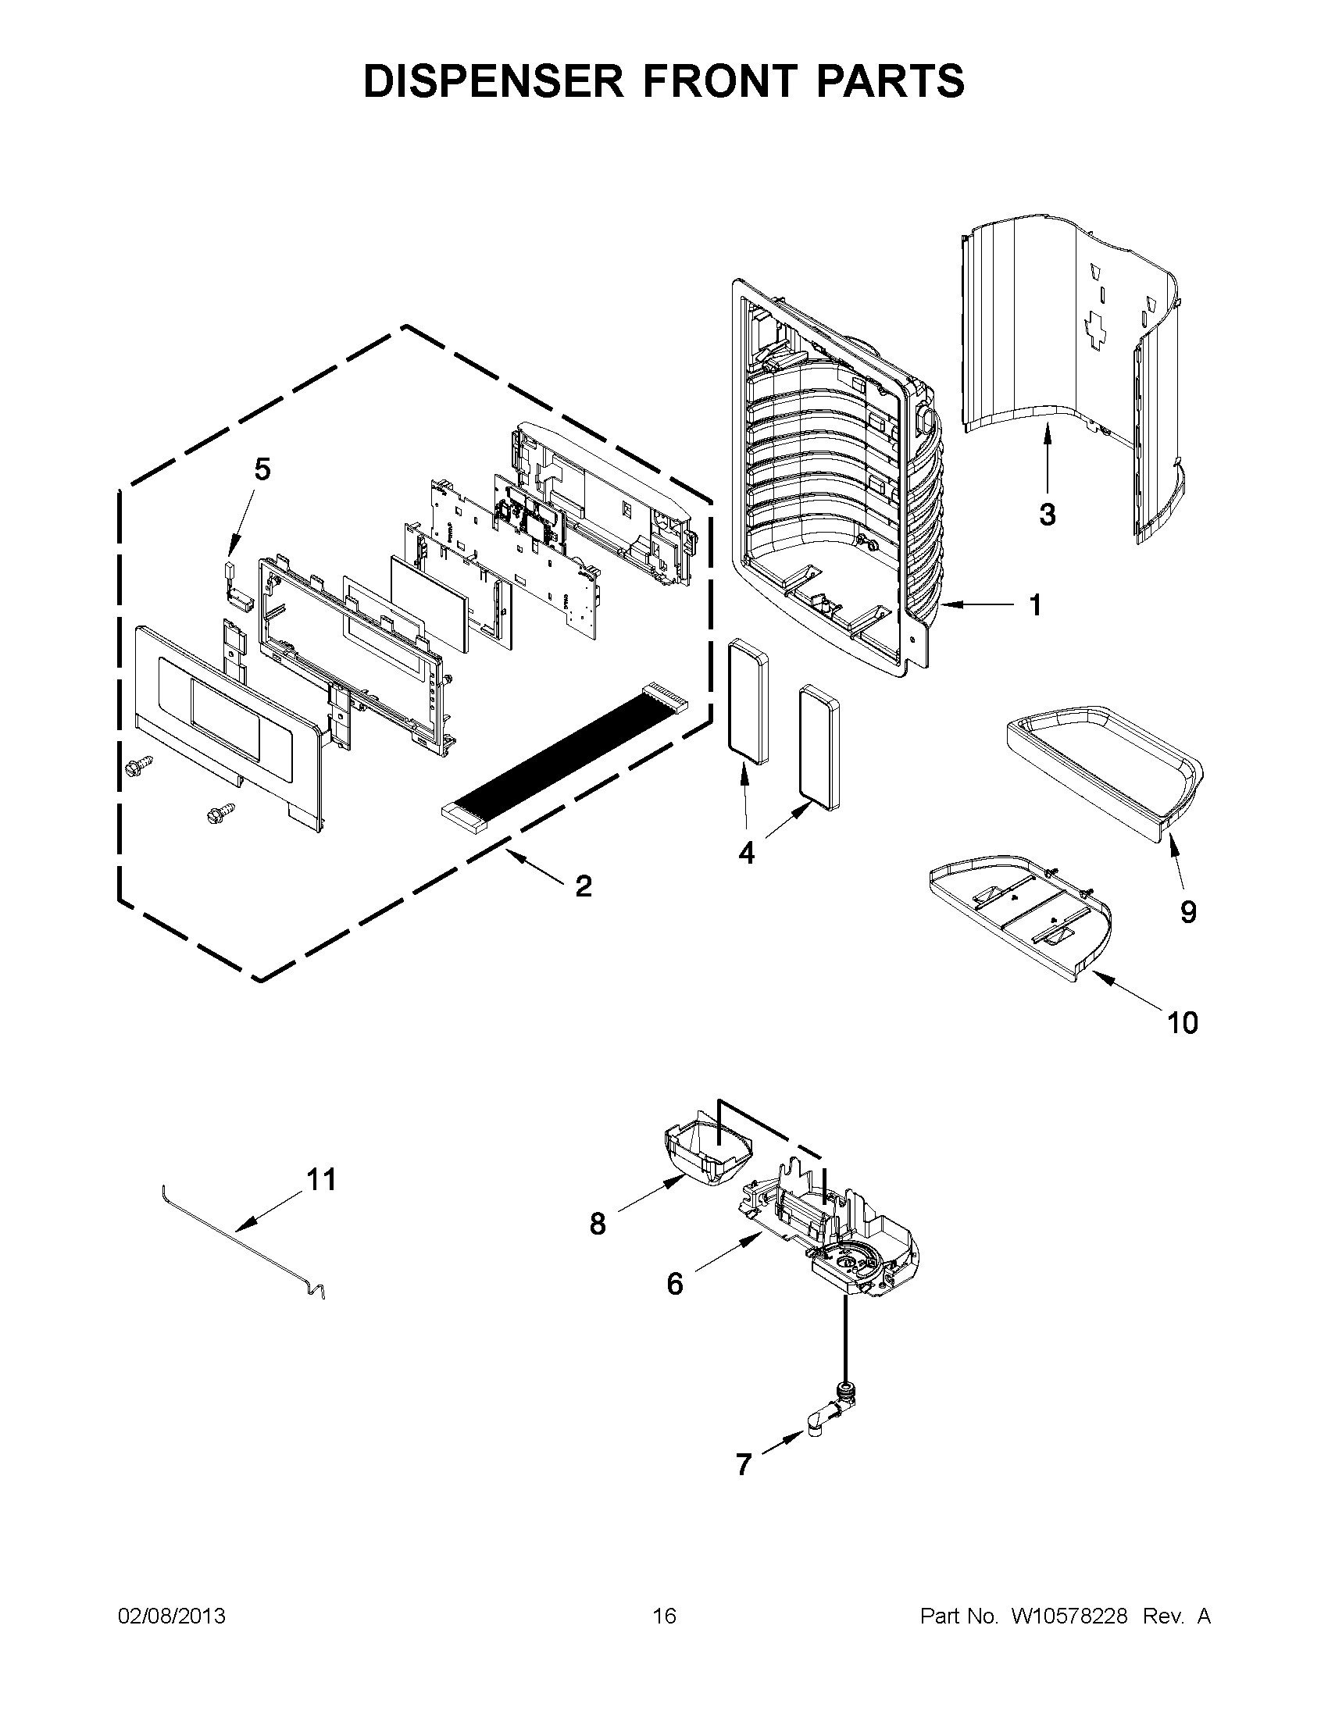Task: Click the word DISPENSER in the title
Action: tap(492, 81)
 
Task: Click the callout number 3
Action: tap(1046, 515)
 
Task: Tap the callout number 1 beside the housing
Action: tap(1035, 605)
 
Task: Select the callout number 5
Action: tap(262, 469)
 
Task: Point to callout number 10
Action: tap(1183, 1023)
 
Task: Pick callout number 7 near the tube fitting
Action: tap(744, 1465)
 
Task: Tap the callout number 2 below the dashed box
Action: tap(583, 886)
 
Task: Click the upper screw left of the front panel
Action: tap(138, 763)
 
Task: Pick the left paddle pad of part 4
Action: tap(748, 703)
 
